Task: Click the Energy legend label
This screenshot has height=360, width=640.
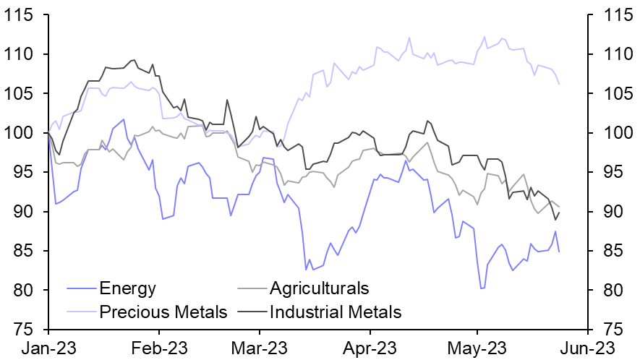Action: (x=128, y=289)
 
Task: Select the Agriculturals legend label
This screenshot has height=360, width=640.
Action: (x=319, y=289)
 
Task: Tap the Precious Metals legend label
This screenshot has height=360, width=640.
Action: (x=163, y=312)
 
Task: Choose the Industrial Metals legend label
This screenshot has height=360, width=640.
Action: (x=335, y=312)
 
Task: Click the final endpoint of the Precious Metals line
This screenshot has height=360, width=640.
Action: (x=559, y=84)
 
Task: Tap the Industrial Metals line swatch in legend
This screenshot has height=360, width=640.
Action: (x=251, y=312)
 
